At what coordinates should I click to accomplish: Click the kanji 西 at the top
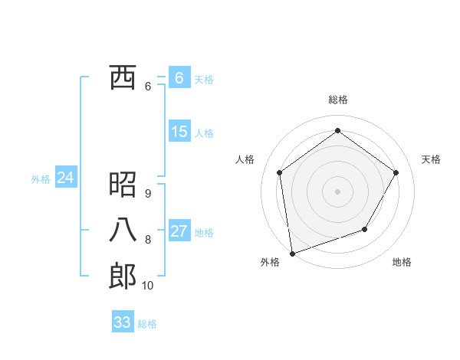[x=122, y=77]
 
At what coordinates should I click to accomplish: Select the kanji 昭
[x=122, y=185]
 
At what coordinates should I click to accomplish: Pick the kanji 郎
[x=122, y=276]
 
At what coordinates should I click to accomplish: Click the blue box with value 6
[x=179, y=77]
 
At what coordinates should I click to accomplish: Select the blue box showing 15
[x=179, y=131]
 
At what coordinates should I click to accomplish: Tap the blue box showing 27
[x=179, y=231]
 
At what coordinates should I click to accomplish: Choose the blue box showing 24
[x=65, y=178]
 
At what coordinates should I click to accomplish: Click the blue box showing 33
[x=123, y=322]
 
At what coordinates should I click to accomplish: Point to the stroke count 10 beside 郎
[x=147, y=286]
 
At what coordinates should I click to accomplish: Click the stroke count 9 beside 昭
[x=147, y=194]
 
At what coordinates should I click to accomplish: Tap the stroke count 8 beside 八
[x=147, y=240]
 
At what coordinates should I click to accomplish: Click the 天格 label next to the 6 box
[x=204, y=79]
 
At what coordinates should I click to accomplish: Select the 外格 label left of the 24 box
[x=41, y=179]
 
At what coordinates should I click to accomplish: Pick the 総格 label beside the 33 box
[x=147, y=324]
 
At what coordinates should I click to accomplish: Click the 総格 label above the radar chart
[x=337, y=100]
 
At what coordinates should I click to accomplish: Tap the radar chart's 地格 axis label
[x=402, y=262]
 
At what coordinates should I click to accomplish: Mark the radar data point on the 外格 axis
[x=292, y=253]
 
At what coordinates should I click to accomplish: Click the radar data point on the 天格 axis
[x=396, y=172]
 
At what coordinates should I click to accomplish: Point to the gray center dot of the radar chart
[x=337, y=191]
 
